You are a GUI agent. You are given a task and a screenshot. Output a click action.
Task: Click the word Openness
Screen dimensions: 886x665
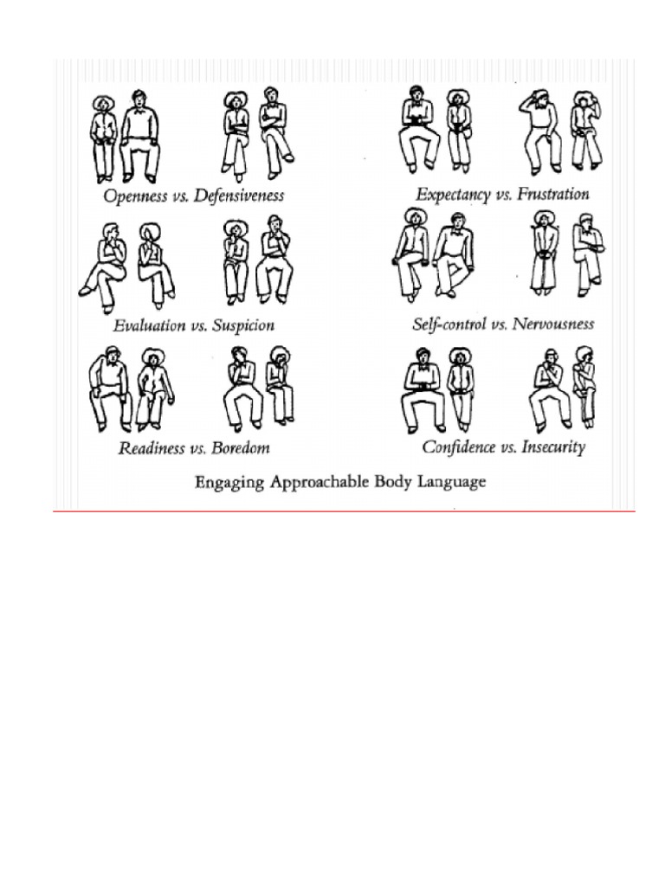click(134, 196)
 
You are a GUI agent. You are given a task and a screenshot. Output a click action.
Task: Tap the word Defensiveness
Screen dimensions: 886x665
click(239, 196)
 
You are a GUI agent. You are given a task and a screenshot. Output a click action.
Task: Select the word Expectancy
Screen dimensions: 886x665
click(453, 195)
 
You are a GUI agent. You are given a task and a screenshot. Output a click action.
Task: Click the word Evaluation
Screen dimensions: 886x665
click(149, 326)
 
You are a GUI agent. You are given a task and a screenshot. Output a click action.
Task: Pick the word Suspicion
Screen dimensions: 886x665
click(243, 326)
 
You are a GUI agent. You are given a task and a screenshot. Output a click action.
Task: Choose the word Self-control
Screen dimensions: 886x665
click(449, 324)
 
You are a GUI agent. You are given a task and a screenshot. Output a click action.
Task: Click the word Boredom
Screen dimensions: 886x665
click(241, 448)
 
